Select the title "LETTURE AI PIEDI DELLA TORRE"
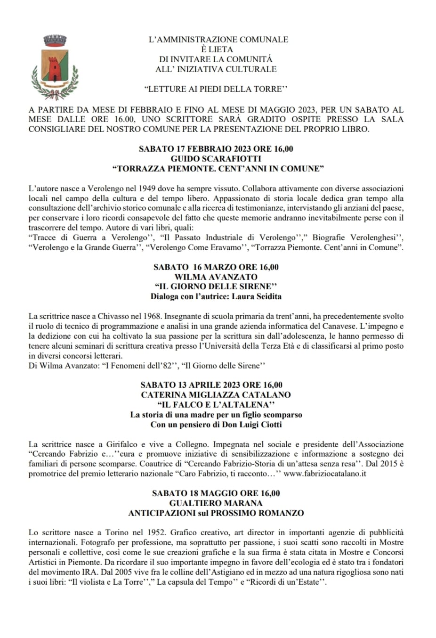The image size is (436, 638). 216,89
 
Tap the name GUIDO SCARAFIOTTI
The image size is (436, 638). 216,159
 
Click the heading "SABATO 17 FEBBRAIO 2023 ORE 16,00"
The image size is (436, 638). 216,149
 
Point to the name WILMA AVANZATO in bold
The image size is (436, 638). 216,277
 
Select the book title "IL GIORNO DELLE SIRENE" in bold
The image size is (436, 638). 216,286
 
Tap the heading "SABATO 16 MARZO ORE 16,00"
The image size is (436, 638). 216,267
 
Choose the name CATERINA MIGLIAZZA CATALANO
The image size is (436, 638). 216,395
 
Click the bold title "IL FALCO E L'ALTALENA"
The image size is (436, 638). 216,405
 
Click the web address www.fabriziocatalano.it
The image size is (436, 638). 325,474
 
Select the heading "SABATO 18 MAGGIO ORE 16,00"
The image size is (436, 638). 216,493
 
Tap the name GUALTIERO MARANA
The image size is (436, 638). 216,503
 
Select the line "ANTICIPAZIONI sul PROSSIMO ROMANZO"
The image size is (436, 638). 216,513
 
